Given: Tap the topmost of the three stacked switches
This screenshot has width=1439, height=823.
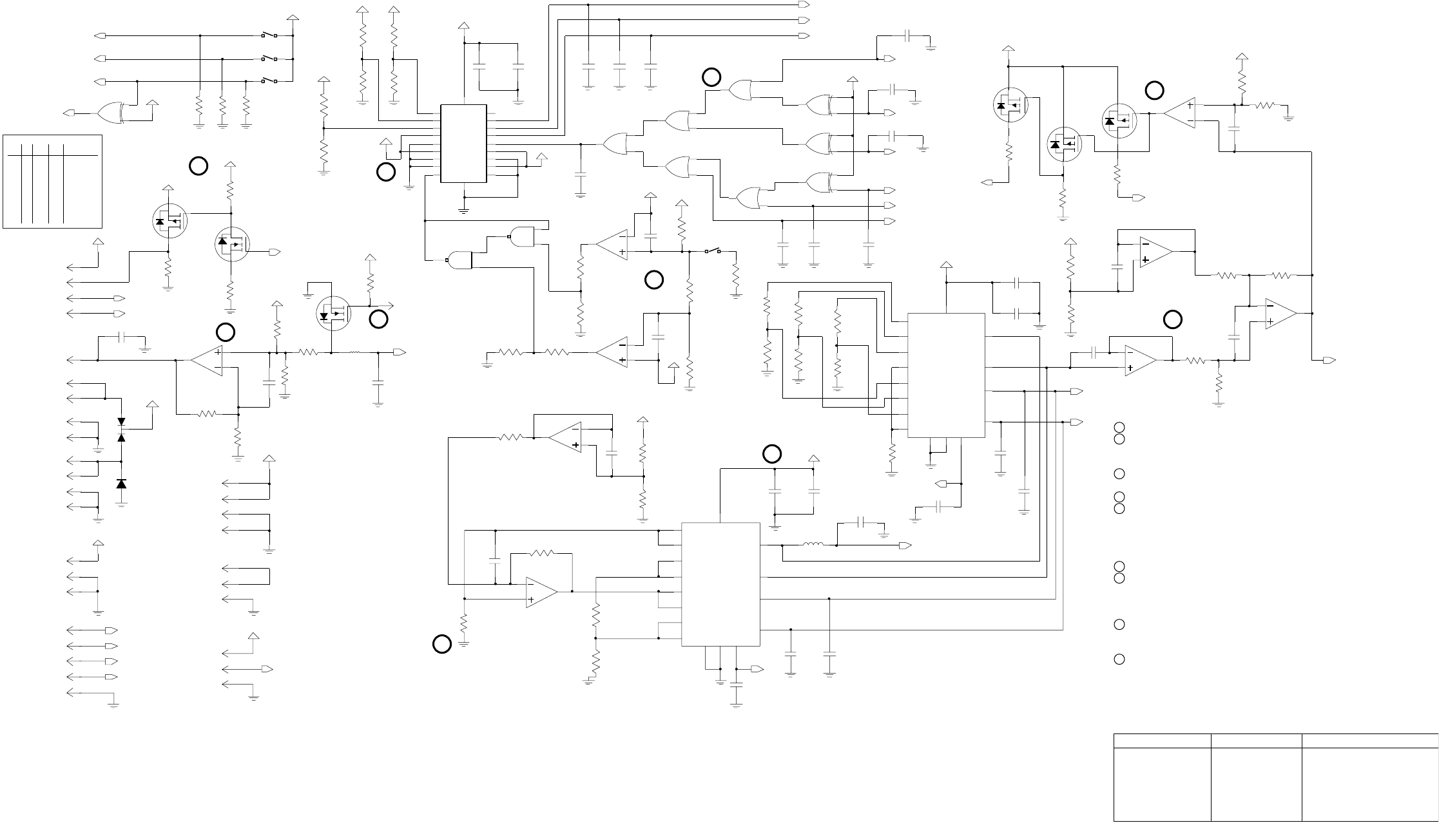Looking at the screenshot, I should point(269,35).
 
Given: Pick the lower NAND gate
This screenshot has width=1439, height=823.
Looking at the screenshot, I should point(459,260).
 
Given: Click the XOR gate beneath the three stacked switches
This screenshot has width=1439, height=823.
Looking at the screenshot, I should point(111,113).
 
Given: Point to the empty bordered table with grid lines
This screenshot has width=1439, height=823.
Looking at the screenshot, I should point(53,181).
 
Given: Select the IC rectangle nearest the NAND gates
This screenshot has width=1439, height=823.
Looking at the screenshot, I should point(463,144).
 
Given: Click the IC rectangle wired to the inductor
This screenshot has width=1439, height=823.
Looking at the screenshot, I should point(720,584).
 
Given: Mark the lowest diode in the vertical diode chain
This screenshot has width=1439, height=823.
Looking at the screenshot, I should point(121,484).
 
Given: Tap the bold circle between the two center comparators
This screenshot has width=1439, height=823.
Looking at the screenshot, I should point(654,279).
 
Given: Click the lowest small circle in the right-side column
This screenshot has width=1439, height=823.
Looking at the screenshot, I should point(1120,659).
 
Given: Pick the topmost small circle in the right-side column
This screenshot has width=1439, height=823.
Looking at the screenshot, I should point(1120,427).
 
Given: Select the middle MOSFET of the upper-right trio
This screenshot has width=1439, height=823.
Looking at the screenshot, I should point(1064,144).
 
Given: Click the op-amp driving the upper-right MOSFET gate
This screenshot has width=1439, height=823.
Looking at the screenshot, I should point(1180,113).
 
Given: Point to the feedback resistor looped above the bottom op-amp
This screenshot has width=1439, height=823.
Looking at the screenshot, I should point(542,553).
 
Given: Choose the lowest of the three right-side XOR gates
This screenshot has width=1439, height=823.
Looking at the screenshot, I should point(818,182).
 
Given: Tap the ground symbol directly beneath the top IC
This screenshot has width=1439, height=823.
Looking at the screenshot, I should point(463,209).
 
